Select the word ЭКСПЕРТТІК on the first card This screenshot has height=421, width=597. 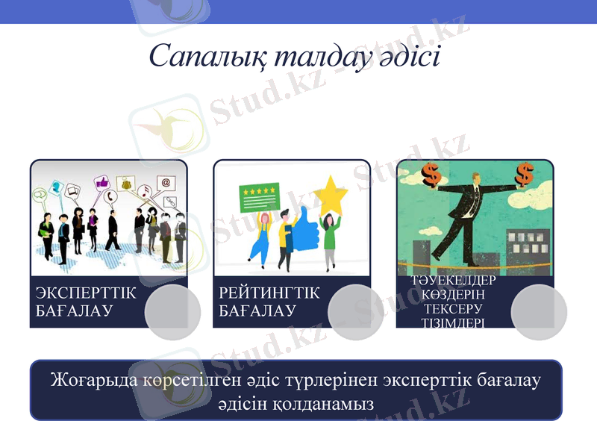pos(86,293)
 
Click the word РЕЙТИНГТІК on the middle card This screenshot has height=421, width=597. pos(269,293)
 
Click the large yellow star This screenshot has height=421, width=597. pos(331,196)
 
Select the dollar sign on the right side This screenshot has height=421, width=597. pos(525,175)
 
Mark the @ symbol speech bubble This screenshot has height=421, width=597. pos(166,182)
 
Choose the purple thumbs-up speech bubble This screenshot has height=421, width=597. pos(101,182)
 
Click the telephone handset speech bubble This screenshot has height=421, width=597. pos(110,198)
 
